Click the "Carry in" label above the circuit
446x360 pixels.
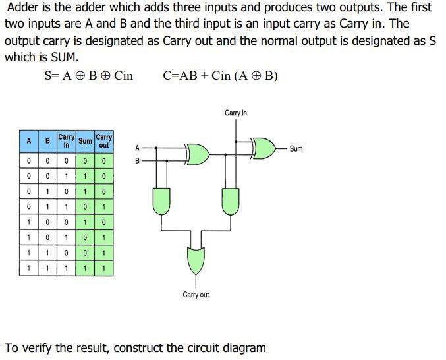(235, 113)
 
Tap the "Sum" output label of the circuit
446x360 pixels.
(296, 149)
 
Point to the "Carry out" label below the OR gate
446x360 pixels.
(196, 295)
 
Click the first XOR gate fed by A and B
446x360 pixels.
(198, 154)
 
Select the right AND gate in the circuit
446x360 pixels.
(231, 200)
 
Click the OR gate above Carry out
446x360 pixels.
(196, 260)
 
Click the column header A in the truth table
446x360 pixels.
(29, 142)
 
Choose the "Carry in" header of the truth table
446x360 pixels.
(66, 141)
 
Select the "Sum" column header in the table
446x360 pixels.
(85, 142)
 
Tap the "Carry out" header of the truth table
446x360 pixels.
(104, 141)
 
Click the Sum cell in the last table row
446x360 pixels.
(85, 269)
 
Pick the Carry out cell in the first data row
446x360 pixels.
(104, 160)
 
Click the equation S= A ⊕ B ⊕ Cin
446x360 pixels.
(88, 76)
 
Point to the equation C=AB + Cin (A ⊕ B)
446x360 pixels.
(220, 76)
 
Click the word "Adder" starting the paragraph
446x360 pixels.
(25, 8)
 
